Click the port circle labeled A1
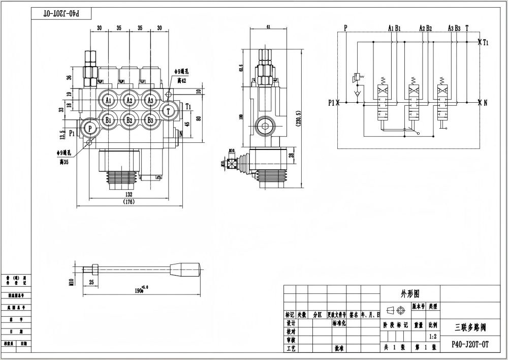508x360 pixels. pos(108,101)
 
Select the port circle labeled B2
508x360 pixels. pos(129,121)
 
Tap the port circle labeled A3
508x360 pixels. pos(150,101)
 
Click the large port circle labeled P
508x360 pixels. pos(90,129)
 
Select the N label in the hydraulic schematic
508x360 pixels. pos(486,103)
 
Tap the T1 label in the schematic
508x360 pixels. pos(486,43)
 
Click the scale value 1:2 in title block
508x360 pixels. pos(433,336)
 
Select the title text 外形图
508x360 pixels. pos(410,293)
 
